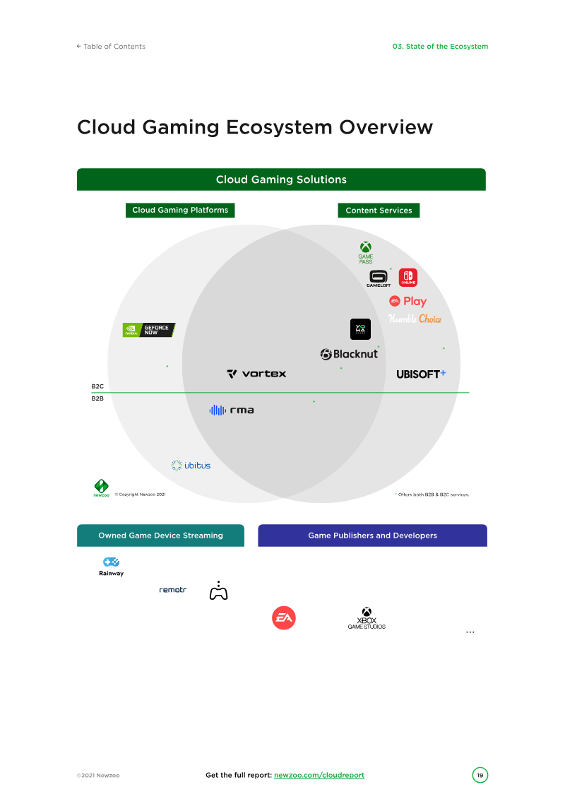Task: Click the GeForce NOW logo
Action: point(148,330)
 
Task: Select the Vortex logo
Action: point(256,374)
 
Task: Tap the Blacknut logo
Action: point(349,354)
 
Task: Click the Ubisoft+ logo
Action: point(421,374)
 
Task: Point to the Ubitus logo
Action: point(191,466)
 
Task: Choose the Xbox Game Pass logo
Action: point(366,252)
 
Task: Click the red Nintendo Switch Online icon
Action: point(408,278)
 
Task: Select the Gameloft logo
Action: point(379,278)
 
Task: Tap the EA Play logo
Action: point(408,301)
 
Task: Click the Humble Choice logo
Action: point(415,319)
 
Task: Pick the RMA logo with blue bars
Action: point(232,410)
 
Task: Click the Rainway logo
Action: point(111,567)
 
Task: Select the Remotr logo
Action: point(172,589)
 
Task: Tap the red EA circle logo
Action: point(284,618)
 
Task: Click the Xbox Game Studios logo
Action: point(367,619)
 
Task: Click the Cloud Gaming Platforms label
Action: point(180,210)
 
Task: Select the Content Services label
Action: point(379,211)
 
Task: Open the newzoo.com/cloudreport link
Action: point(319,775)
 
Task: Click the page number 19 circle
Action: point(480,776)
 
